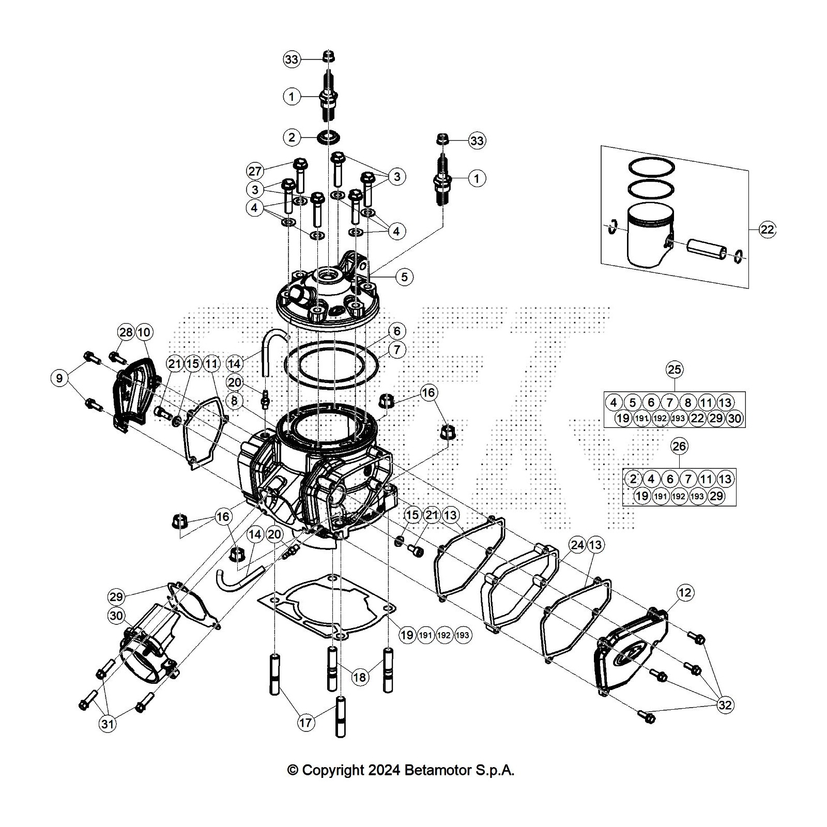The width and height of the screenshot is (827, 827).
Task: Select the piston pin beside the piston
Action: (705, 247)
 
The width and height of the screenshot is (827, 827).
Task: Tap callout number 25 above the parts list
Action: (675, 369)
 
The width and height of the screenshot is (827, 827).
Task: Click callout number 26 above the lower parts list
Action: (679, 446)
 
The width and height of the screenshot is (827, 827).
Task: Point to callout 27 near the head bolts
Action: (256, 171)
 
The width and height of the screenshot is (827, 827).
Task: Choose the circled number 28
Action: (126, 332)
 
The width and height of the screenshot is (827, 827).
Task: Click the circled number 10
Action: (144, 332)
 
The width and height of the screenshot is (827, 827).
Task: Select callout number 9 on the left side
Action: (59, 378)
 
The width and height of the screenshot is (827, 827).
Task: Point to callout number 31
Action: (107, 724)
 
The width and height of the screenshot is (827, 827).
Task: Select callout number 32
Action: (725, 705)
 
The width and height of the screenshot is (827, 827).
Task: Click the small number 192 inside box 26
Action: (679, 496)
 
